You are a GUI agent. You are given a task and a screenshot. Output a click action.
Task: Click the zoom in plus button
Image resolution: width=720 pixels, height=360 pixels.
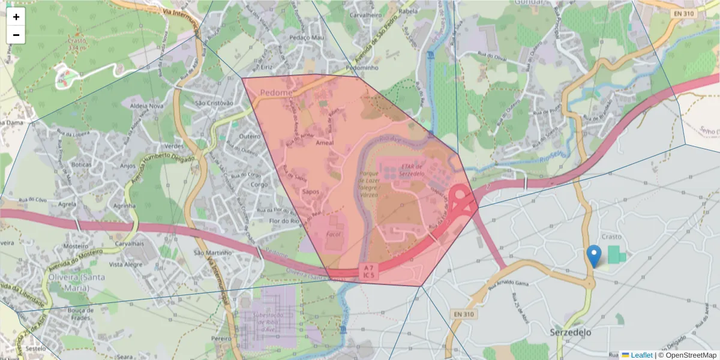(16, 17)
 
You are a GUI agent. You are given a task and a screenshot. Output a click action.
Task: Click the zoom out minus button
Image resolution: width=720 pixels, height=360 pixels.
(16, 35)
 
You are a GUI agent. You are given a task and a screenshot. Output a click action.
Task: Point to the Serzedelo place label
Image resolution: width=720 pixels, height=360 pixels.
(571, 332)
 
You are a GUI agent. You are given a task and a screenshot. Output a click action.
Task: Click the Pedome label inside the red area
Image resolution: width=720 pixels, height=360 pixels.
(277, 93)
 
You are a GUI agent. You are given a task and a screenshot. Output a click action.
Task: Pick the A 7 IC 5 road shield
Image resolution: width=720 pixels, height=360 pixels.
(369, 271)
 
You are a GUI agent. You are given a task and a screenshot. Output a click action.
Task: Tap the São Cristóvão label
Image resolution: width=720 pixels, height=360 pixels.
(214, 103)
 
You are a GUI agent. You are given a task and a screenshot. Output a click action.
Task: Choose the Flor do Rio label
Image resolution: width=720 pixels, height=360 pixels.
(284, 220)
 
